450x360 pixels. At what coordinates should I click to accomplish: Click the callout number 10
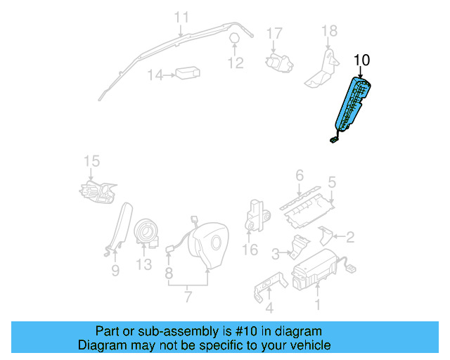[361, 60]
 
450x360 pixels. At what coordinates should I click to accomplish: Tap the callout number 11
[181, 17]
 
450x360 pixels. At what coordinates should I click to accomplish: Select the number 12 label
[236, 63]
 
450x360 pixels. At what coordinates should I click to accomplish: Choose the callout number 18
[329, 31]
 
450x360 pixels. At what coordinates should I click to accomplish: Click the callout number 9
[115, 270]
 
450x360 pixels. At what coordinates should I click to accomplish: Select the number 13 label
[143, 264]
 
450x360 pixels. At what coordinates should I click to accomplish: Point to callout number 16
[250, 250]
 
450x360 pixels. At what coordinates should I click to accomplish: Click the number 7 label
[188, 296]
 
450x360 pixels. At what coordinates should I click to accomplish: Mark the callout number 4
[269, 307]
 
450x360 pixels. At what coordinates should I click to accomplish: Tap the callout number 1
[317, 304]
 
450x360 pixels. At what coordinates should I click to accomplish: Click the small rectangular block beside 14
[188, 74]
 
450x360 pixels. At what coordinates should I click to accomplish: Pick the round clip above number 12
[234, 38]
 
